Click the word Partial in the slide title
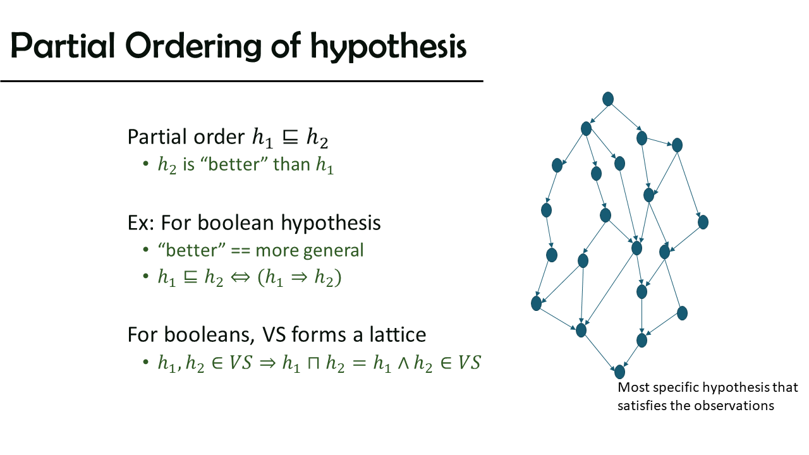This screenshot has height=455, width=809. coord(63,45)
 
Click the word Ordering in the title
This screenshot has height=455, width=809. coord(193,47)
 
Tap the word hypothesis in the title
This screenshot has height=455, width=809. coord(388,47)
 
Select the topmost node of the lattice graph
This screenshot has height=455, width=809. coord(608,99)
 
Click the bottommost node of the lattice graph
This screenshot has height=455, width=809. coord(619,372)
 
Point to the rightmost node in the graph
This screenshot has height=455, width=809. coord(703,222)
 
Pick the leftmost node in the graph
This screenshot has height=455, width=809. coord(537,303)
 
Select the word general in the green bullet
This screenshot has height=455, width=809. coord(333,251)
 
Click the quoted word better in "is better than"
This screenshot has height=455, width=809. coord(234,164)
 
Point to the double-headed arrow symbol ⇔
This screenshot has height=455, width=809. coord(240,277)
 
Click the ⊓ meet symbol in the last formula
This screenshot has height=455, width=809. coord(313,363)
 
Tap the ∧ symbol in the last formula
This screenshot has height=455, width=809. coord(403,363)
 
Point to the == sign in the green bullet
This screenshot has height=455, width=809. coord(240,251)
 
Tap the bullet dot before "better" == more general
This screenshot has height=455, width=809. coord(146,250)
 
